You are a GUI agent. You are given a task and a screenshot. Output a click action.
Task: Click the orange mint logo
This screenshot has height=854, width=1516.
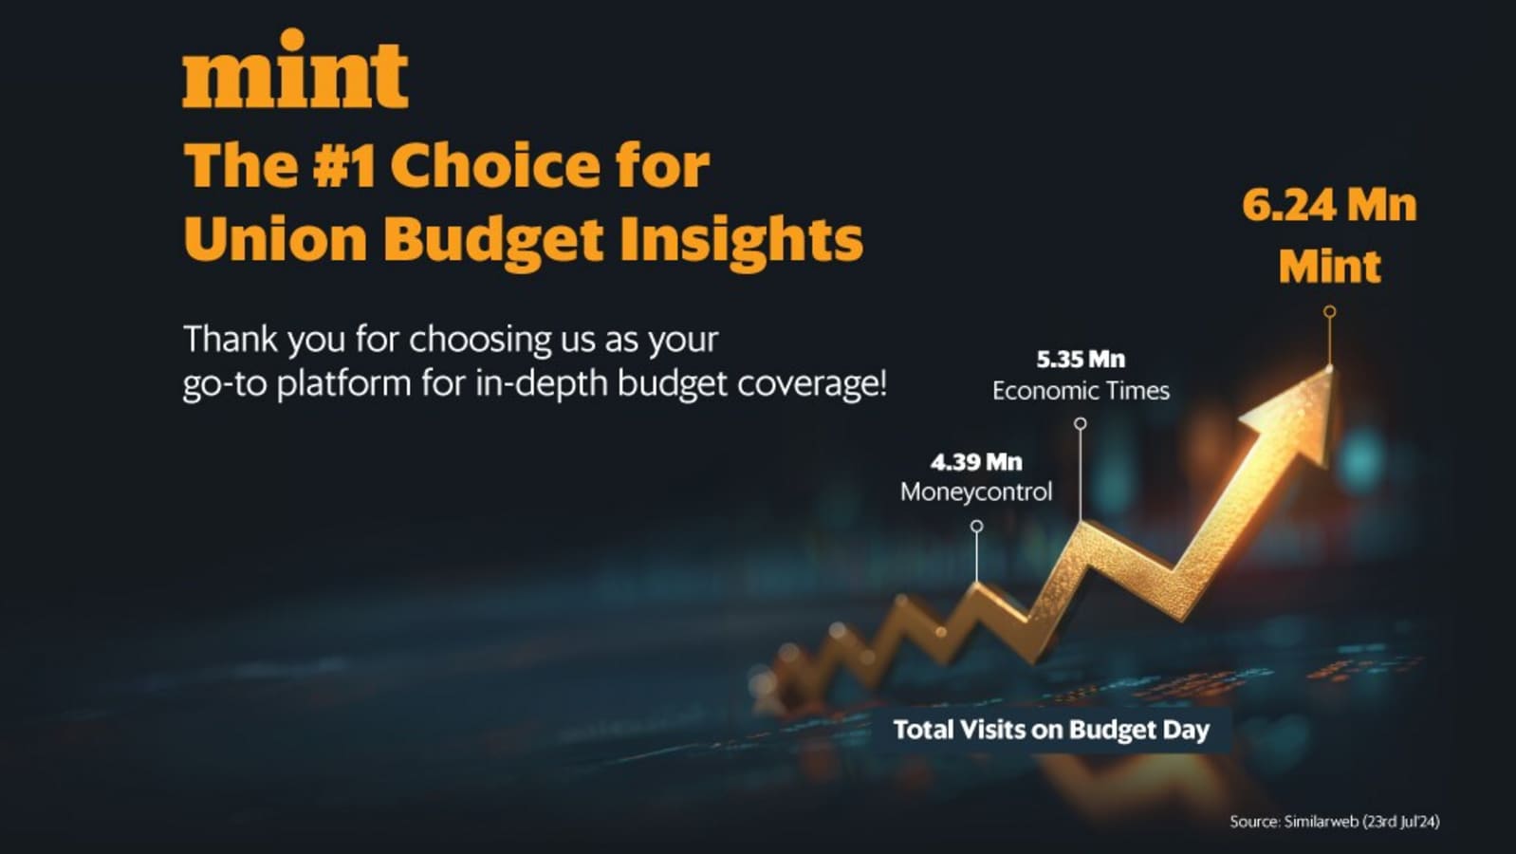pyautogui.click(x=295, y=68)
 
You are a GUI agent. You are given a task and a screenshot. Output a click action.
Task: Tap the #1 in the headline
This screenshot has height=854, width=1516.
pyautogui.click(x=343, y=166)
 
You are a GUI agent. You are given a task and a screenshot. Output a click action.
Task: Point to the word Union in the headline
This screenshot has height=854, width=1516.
pyautogui.click(x=275, y=239)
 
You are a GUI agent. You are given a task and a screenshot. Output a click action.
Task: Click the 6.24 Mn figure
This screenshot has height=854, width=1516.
pyautogui.click(x=1329, y=206)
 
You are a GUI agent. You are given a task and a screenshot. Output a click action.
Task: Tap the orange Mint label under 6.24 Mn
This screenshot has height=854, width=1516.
pyautogui.click(x=1329, y=267)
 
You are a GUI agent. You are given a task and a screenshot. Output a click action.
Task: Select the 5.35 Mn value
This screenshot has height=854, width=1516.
pyautogui.click(x=1081, y=360)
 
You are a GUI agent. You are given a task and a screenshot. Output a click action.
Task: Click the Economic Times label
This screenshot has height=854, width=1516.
pyautogui.click(x=1081, y=391)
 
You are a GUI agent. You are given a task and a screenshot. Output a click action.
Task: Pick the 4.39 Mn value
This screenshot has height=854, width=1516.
pyautogui.click(x=976, y=462)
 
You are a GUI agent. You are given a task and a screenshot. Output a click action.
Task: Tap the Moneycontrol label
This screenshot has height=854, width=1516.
pyautogui.click(x=976, y=492)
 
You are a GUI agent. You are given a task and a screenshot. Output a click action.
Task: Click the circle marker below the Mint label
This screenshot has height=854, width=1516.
pyautogui.click(x=1330, y=312)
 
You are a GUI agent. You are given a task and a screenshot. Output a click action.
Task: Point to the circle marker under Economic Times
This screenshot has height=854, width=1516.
pyautogui.click(x=1081, y=423)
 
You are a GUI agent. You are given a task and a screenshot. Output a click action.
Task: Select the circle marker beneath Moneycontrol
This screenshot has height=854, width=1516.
pyautogui.click(x=976, y=526)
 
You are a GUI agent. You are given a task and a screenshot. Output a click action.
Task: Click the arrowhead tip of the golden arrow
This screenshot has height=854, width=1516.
pyautogui.click(x=1331, y=367)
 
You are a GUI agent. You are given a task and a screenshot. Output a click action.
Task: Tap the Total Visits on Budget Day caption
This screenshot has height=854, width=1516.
pyautogui.click(x=1051, y=730)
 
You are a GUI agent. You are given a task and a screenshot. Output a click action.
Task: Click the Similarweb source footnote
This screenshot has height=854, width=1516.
pyautogui.click(x=1335, y=822)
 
